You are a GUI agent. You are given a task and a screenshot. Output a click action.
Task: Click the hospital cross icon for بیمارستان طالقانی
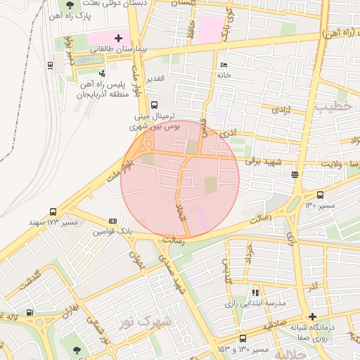118,38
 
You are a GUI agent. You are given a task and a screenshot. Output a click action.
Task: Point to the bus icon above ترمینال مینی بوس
155,105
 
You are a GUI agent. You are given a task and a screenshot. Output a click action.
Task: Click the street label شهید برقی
263,162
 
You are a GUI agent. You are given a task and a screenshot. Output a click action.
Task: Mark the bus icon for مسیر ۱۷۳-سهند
53,212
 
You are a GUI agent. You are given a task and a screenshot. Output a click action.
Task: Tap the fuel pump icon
29,313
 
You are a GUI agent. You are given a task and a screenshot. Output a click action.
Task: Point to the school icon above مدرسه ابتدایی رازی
255,292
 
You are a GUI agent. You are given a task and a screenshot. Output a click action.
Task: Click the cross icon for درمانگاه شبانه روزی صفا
313,317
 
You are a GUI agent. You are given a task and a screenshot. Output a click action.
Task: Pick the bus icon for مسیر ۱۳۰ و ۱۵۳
243,338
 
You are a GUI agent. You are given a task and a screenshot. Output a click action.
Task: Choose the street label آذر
311,287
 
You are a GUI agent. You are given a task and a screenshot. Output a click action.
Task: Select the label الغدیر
154,78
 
